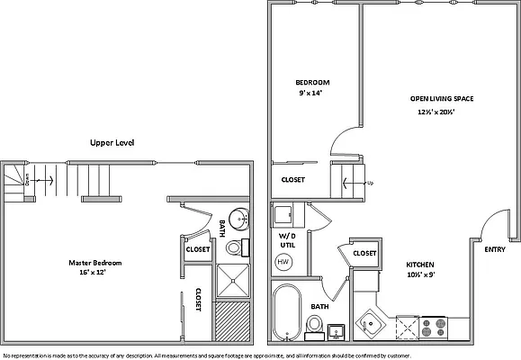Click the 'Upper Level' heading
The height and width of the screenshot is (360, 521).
pos(112,143)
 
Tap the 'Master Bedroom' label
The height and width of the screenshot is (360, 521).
pos(94,263)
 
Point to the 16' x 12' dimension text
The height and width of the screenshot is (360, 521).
pos(94,273)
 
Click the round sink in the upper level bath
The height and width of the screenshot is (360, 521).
pos(237,219)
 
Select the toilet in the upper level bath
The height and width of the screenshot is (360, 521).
pos(235,247)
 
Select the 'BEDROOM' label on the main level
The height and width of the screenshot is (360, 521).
pos(311,82)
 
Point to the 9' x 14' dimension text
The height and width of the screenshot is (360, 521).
pos(311,93)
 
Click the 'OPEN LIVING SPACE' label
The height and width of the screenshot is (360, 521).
pos(441,99)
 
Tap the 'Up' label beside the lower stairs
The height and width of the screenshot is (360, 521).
pos(370,184)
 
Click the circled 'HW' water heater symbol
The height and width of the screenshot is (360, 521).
pos(283,261)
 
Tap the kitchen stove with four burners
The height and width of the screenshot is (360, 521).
pos(434,326)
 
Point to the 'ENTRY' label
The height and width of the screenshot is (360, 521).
pos(493,250)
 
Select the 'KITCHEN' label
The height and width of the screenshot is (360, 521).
pos(419,265)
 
